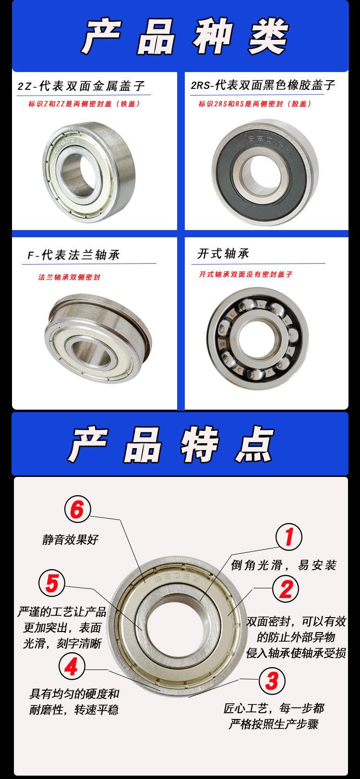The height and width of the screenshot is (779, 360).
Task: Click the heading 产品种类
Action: tap(184, 37)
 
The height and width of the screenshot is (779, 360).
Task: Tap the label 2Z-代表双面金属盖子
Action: tap(81, 87)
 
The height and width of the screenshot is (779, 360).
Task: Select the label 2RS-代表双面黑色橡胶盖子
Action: tap(263, 85)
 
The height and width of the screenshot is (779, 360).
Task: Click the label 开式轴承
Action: tap(223, 254)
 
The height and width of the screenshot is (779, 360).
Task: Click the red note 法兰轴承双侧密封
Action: tap(69, 278)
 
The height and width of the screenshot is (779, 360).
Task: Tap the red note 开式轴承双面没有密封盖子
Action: tap(246, 274)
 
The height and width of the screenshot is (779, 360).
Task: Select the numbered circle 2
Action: tap(286, 588)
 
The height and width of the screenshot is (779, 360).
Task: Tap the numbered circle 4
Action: tap(71, 667)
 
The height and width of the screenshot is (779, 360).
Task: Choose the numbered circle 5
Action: tap(52, 584)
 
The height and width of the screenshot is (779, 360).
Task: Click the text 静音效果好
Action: tap(70, 539)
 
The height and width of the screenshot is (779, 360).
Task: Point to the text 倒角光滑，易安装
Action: tap(284, 565)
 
